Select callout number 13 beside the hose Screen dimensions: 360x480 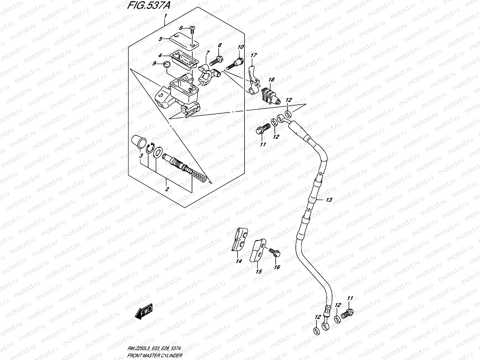click(x=329, y=200)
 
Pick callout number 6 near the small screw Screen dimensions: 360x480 click(x=181, y=28)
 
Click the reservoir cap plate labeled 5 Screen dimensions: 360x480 click(x=182, y=41)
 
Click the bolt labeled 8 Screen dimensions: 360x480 click(x=215, y=61)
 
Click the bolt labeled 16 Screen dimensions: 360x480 click(x=274, y=252)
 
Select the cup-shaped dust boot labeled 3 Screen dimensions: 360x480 click(x=138, y=141)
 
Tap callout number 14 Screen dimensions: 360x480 click(x=238, y=262)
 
